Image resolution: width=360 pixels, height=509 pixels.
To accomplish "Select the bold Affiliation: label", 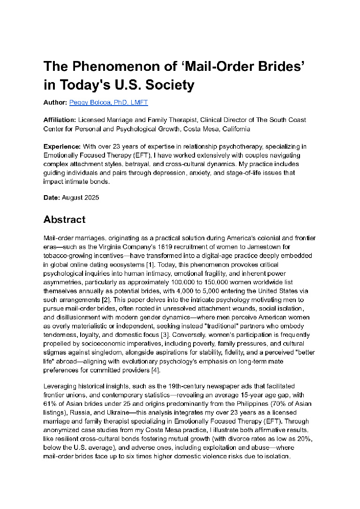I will (60, 120).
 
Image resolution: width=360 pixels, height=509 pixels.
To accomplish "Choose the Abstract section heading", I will (64, 220).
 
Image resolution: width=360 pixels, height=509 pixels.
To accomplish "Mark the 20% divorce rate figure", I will (303, 439).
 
